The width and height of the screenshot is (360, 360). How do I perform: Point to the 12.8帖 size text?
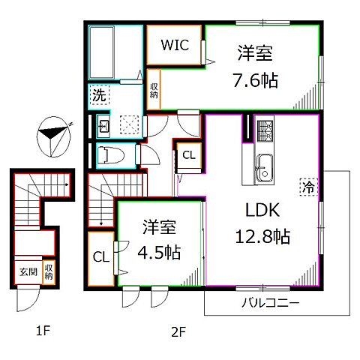point(261,237)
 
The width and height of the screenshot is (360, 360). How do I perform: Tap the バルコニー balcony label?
point(270,304)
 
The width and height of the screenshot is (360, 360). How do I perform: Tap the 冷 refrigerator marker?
point(308,184)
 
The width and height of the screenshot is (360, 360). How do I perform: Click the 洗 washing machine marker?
point(99,94)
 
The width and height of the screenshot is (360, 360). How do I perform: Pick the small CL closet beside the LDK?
point(189,155)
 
